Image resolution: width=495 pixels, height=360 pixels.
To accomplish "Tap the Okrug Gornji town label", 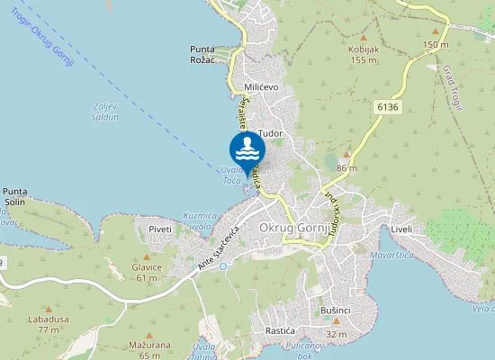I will coord(295,229).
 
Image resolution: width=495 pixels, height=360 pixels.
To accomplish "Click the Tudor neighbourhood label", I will coord(270,134).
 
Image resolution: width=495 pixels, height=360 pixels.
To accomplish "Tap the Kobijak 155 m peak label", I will coord(363,55).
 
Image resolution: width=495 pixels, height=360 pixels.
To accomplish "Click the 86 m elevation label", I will coord(346,168).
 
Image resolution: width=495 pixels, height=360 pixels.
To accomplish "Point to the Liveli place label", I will coord(401,229).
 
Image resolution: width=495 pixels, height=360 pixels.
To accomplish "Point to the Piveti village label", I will coord(160,229).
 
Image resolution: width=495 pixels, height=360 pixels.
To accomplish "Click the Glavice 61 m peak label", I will coord(147,272).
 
